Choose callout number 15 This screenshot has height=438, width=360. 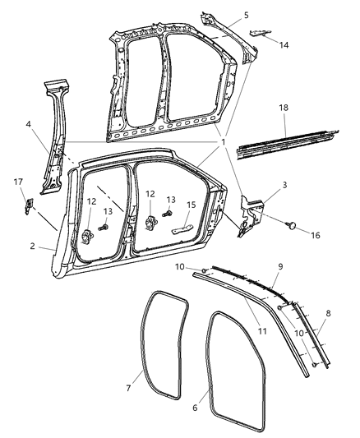coord(191,205)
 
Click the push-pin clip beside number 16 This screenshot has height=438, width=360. coord(293,224)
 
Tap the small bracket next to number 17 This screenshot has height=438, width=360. coord(28,203)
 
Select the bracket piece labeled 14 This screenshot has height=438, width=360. coord(259,33)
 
